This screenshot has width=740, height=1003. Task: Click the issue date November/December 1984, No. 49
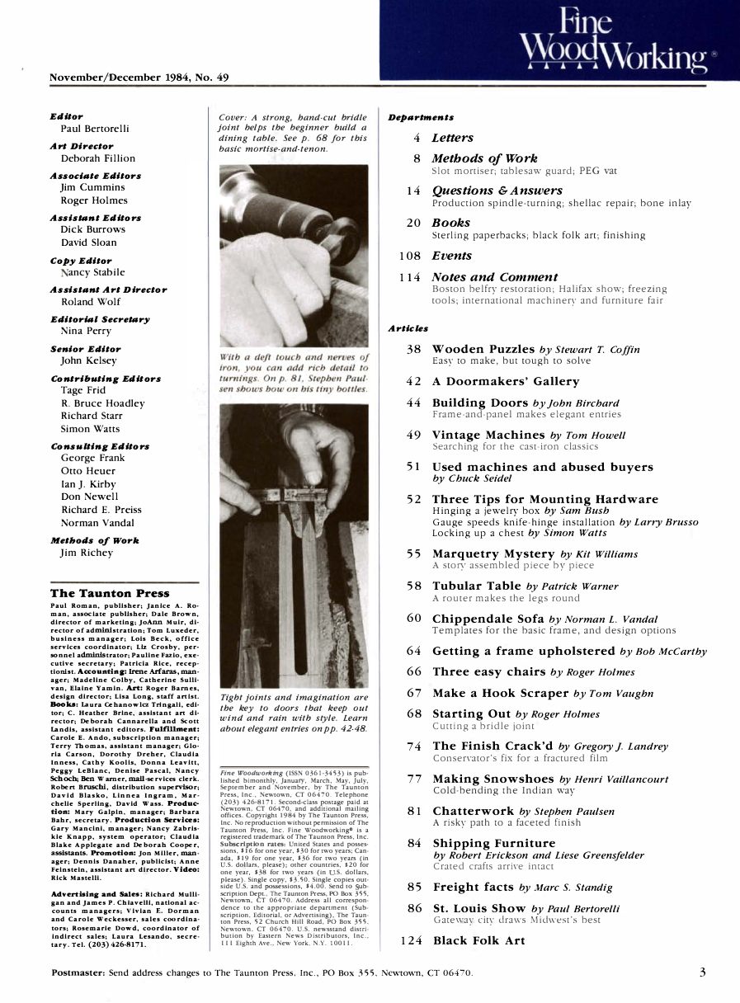click(139, 77)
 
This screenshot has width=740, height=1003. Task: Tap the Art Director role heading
click(82, 146)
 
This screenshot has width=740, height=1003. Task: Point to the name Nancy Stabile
click(92, 272)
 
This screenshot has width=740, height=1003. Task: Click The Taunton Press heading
click(110, 593)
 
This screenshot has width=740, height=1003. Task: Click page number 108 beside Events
click(410, 256)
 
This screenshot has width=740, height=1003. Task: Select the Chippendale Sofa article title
click(488, 618)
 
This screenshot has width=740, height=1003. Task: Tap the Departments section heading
click(421, 117)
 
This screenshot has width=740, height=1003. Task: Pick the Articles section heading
click(408, 328)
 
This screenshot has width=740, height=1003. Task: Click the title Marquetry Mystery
click(493, 553)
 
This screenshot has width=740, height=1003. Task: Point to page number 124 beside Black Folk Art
click(411, 940)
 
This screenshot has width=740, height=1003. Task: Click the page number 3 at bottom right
click(702, 972)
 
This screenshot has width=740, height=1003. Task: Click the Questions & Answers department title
click(497, 191)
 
